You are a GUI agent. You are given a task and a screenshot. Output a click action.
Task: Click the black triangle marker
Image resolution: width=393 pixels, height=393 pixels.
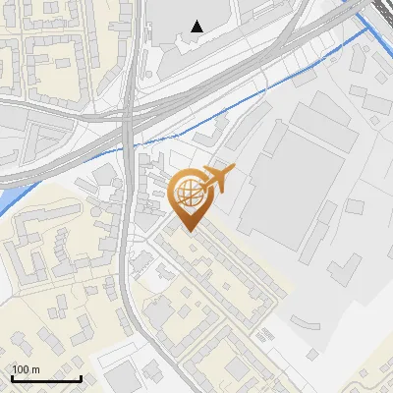pyautogui.click(x=198, y=27)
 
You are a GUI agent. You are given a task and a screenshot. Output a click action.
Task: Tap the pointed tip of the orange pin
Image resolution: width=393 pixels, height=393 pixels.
pyautogui.click(x=191, y=229)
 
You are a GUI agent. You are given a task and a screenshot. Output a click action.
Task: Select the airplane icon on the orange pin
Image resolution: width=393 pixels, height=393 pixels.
pyautogui.click(x=217, y=179)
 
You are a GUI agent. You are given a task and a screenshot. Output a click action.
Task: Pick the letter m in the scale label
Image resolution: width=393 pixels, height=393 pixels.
pyautogui.click(x=36, y=369)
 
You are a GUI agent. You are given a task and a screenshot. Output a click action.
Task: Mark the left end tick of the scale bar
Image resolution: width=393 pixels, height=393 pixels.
pyautogui.click(x=12, y=378)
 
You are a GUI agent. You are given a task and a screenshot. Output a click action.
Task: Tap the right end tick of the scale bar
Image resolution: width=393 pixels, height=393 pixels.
pyautogui.click(x=81, y=378)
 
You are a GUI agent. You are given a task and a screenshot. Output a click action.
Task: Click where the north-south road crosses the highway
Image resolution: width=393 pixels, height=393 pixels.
pyautogui.click(x=129, y=113)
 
